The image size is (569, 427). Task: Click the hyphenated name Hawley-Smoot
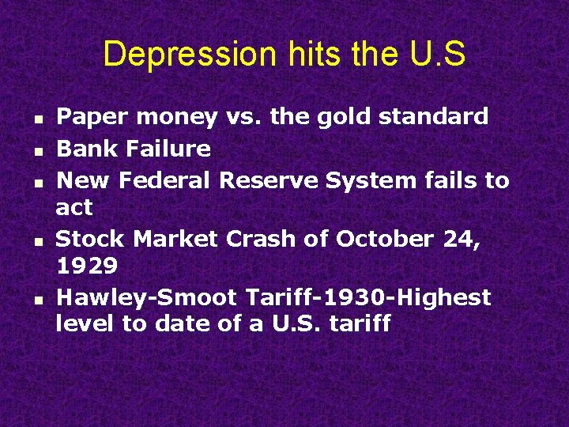pos(147,297)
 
